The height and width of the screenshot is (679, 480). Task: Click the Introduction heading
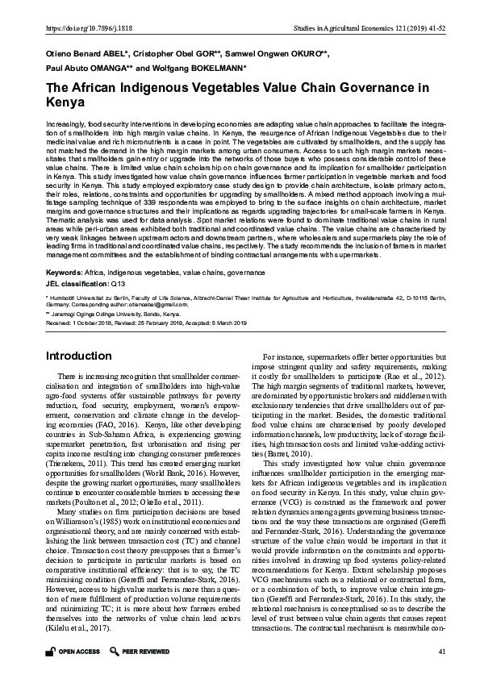78,355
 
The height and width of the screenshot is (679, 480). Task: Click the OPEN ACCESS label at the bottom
79,651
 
